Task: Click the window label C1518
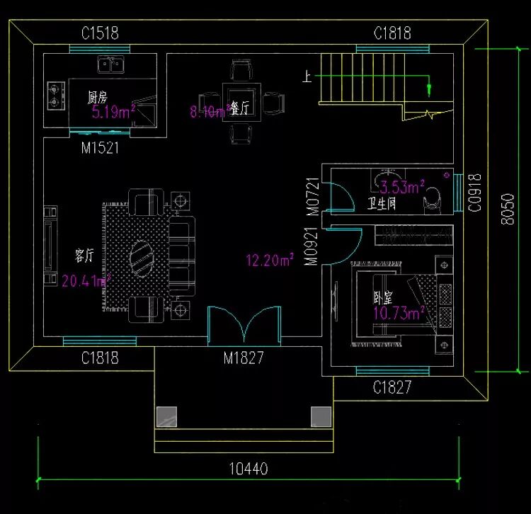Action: pyautogui.click(x=99, y=33)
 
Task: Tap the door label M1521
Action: pyautogui.click(x=99, y=149)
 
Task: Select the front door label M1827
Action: pyautogui.click(x=244, y=358)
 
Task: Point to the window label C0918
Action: pyautogui.click(x=474, y=193)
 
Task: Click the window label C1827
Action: pyautogui.click(x=392, y=388)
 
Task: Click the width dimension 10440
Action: pyautogui.click(x=248, y=469)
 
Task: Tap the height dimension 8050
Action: pyautogui.click(x=507, y=209)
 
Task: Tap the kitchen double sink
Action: pyautogui.click(x=111, y=64)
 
